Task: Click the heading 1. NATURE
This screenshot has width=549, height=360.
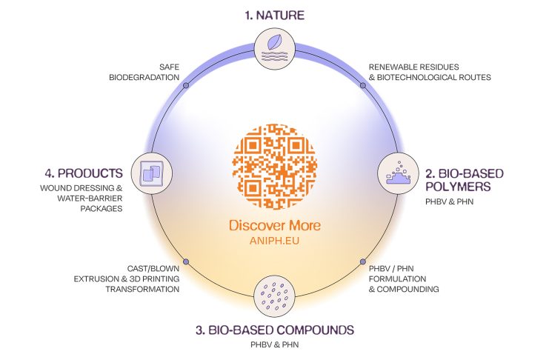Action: click(x=275, y=15)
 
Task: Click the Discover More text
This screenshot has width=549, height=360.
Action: click(x=275, y=224)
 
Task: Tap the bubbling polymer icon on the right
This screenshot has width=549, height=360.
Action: click(x=398, y=172)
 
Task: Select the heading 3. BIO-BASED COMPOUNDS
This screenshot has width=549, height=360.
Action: click(x=275, y=329)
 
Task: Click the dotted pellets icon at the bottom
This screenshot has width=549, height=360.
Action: click(x=275, y=296)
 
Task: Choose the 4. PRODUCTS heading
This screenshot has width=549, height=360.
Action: click(x=83, y=173)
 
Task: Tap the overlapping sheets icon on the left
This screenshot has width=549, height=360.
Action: click(x=151, y=173)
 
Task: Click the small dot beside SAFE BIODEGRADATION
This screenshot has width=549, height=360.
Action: click(x=185, y=85)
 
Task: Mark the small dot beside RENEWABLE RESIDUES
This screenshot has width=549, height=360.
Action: click(x=363, y=85)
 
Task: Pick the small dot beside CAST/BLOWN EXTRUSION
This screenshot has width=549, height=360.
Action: click(x=186, y=261)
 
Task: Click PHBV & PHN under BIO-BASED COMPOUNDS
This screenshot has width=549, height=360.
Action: click(x=275, y=344)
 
